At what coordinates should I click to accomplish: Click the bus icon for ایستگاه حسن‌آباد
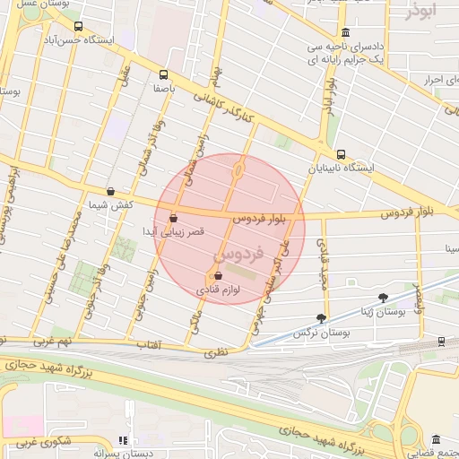78,27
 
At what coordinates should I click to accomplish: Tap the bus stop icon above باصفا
163,75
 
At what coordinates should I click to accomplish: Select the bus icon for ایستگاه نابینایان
340,154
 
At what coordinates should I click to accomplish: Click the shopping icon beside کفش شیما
110,191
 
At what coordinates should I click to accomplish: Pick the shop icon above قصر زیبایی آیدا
173,217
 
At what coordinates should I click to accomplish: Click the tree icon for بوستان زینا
384,297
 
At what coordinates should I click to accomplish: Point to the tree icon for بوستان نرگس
322,317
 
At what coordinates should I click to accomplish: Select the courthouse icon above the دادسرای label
345,32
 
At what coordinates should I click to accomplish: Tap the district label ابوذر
423,12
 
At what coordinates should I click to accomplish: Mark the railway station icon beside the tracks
442,342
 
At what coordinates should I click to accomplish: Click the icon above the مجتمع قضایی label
436,440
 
